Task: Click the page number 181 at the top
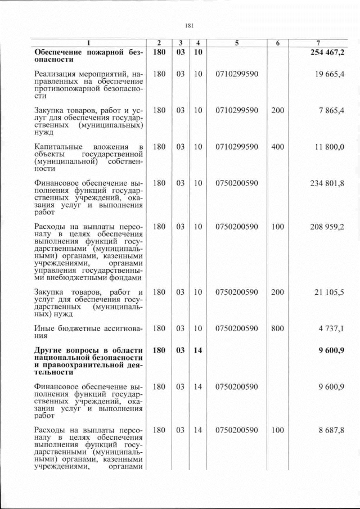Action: tap(189, 25)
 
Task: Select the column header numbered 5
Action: tap(236, 43)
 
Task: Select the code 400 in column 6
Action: tap(277, 147)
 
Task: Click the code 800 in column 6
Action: tap(277, 328)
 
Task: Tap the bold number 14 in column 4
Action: tap(197, 350)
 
